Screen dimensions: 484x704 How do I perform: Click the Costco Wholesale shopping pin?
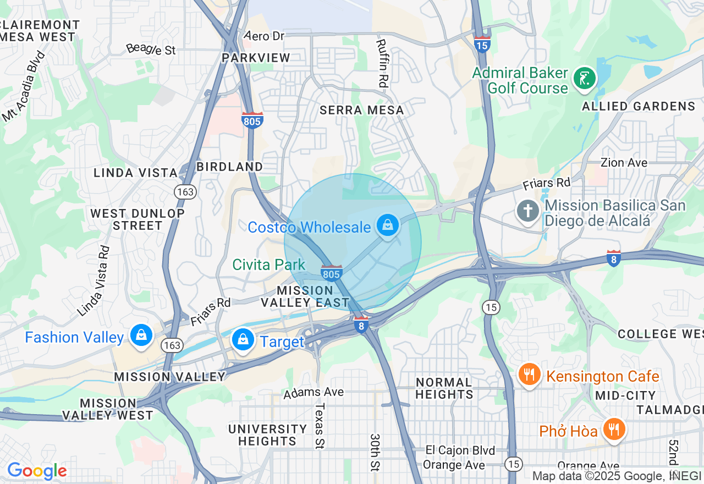tap(388, 226)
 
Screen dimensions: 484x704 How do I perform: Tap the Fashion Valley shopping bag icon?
tap(141, 335)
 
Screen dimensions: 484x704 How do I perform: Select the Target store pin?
tap(243, 340)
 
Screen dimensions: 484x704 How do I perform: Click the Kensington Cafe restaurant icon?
tap(529, 375)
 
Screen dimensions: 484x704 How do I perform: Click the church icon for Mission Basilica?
tap(528, 211)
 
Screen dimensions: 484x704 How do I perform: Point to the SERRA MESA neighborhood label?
tap(362, 110)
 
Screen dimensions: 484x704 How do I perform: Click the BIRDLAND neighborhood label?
tap(230, 167)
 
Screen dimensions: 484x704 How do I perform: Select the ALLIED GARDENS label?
tap(639, 106)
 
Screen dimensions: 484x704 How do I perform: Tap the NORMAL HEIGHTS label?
tap(444, 388)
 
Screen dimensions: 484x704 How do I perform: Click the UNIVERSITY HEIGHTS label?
tap(268, 435)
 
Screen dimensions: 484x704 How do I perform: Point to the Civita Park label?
tap(268, 265)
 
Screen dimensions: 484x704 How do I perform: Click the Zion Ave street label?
tap(624, 163)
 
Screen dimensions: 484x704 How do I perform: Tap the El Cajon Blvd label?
tap(460, 450)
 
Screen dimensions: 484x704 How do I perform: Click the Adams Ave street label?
tap(313, 392)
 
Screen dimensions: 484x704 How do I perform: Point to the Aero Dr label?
tap(265, 36)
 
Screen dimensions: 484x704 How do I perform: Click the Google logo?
tap(37, 471)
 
